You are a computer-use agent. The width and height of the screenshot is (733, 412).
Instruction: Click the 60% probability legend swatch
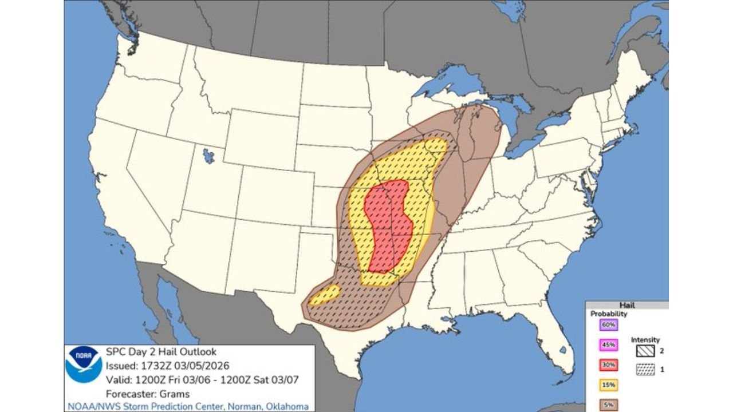coord(608,325)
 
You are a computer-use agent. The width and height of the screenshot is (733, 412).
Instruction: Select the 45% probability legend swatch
coord(608,345)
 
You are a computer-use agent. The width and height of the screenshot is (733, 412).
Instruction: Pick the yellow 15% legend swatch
coord(608,385)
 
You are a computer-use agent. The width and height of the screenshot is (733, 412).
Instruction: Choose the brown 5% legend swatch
coord(608,405)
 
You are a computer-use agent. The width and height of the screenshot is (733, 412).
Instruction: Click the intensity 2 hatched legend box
coord(645,351)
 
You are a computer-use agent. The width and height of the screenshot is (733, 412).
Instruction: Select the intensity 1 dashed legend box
coord(645,370)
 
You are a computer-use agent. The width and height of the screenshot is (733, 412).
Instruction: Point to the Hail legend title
coord(626,306)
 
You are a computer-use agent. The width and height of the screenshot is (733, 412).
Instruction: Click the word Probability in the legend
coord(609,314)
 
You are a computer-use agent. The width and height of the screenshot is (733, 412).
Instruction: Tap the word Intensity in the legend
coord(645,340)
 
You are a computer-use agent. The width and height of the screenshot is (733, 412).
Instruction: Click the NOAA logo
coord(84,365)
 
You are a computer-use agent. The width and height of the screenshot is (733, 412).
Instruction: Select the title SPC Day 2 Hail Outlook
coord(161,352)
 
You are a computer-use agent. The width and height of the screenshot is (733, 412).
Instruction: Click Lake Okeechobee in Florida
coord(563,349)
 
